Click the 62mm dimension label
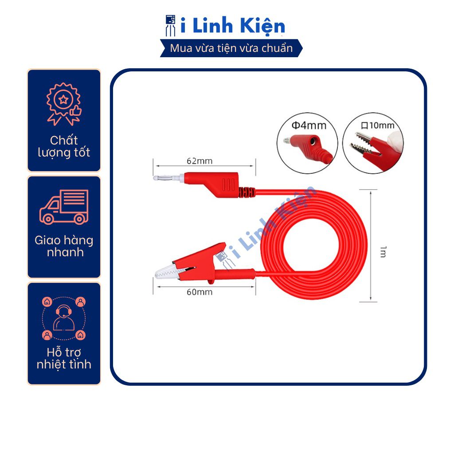click(x=200, y=161)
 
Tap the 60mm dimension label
click(x=200, y=292)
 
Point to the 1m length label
click(x=383, y=252)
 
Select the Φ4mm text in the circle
click(x=309, y=125)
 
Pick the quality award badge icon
click(x=64, y=104)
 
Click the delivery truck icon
click(x=64, y=207)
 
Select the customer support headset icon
click(x=64, y=318)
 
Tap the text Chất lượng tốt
click(x=64, y=146)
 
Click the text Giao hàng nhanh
click(x=64, y=246)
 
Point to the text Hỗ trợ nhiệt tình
click(x=64, y=358)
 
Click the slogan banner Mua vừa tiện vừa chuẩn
click(x=231, y=48)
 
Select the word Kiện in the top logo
click(x=262, y=26)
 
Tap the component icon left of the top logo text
click(x=171, y=25)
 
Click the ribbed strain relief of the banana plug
click(x=247, y=192)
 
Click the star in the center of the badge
click(x=63, y=100)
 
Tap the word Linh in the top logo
click(x=212, y=25)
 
